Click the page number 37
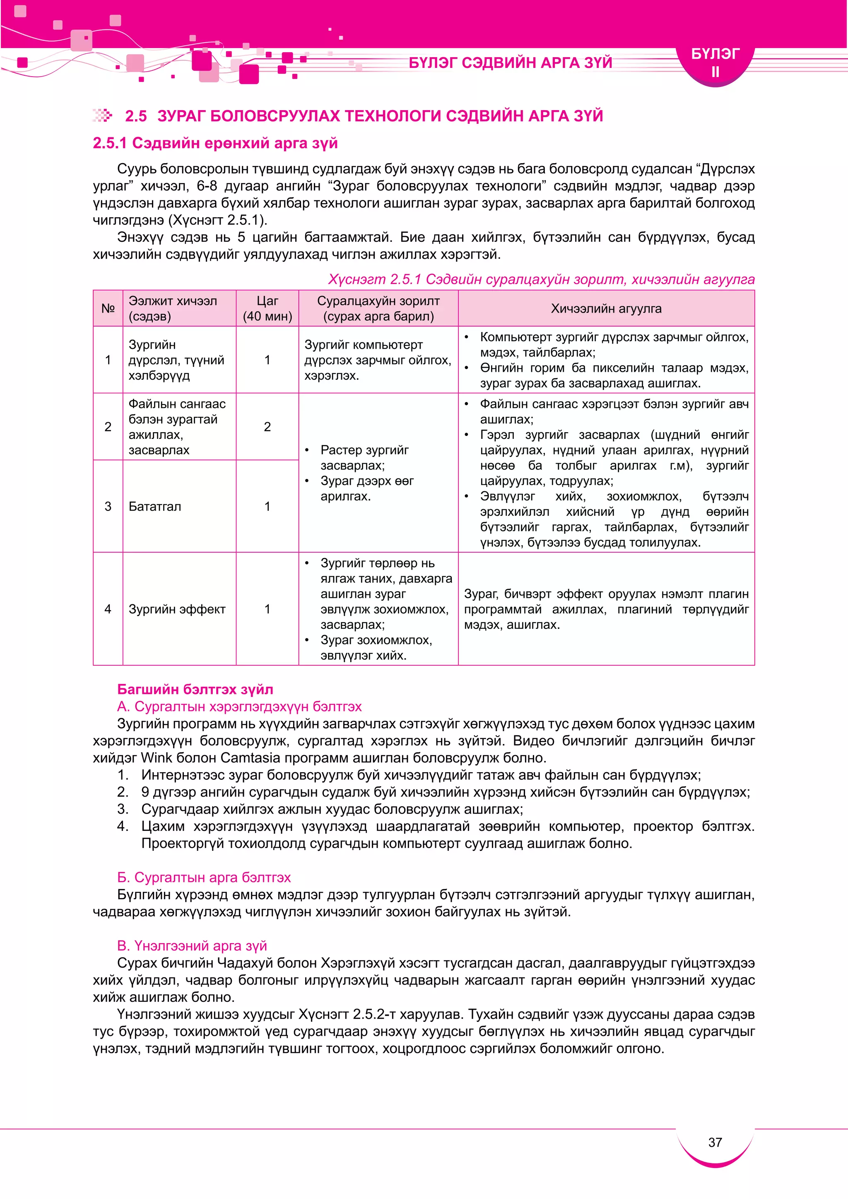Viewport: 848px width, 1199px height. [x=715, y=1142]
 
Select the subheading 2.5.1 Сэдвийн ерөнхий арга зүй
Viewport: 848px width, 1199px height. [x=215, y=143]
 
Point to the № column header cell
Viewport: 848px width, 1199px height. [x=108, y=308]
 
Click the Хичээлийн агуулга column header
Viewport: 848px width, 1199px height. [x=606, y=308]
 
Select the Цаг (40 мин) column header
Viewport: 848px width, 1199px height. [x=267, y=308]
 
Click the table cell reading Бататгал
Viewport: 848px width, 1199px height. [x=155, y=506]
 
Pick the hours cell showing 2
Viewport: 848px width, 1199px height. [x=267, y=427]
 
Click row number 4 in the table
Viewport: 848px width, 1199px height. [x=108, y=609]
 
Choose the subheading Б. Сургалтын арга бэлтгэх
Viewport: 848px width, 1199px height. [x=204, y=877]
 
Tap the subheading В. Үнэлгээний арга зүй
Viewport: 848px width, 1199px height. [x=192, y=946]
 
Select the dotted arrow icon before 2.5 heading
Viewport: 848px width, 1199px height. [x=102, y=116]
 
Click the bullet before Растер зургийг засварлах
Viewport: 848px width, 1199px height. [x=307, y=450]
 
